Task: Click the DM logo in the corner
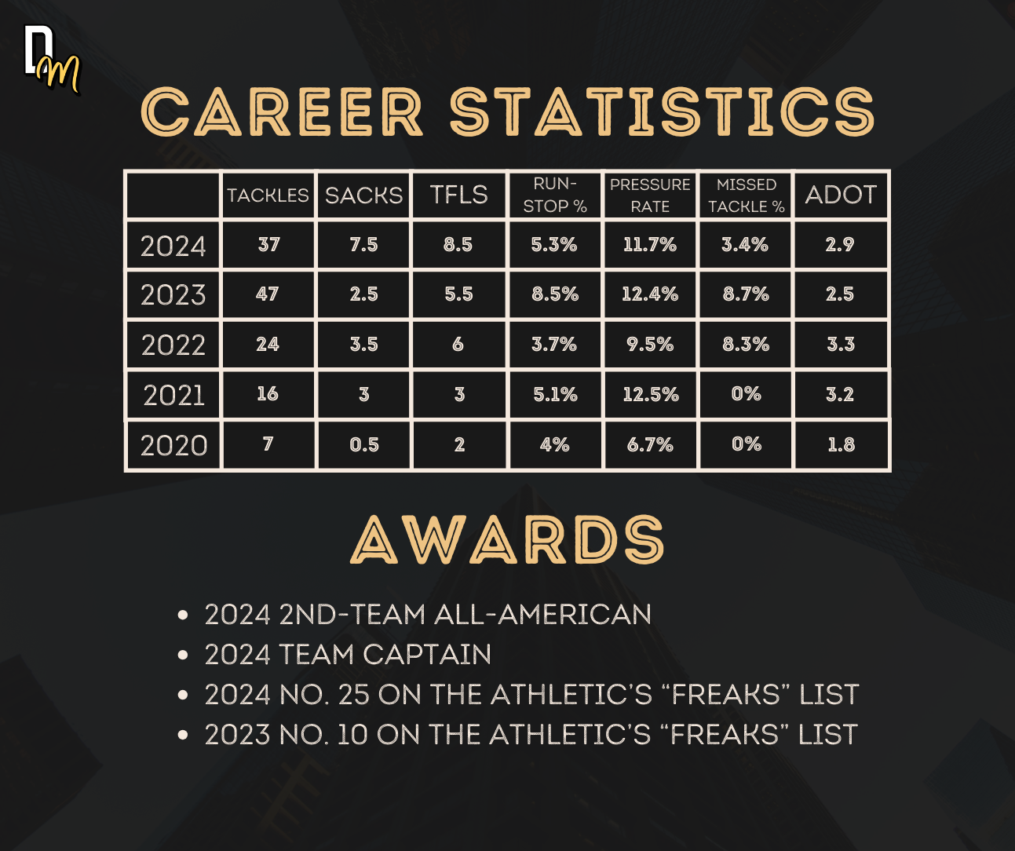(52, 59)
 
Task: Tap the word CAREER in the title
(282, 111)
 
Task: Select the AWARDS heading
(507, 540)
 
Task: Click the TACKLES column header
(268, 195)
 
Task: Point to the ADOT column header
(841, 195)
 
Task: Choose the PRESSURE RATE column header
(650, 195)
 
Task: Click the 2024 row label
(173, 246)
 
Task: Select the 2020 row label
(173, 445)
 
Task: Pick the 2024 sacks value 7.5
(363, 245)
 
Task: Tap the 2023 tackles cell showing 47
(268, 294)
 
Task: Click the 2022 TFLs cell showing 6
(458, 345)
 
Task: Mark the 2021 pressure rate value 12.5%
(651, 394)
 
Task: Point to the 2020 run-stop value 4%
(555, 444)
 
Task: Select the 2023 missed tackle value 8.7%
(746, 294)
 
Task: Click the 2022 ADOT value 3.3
(841, 345)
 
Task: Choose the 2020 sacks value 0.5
(364, 445)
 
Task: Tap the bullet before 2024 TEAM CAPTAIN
(183, 655)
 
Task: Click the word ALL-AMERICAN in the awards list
(542, 614)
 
